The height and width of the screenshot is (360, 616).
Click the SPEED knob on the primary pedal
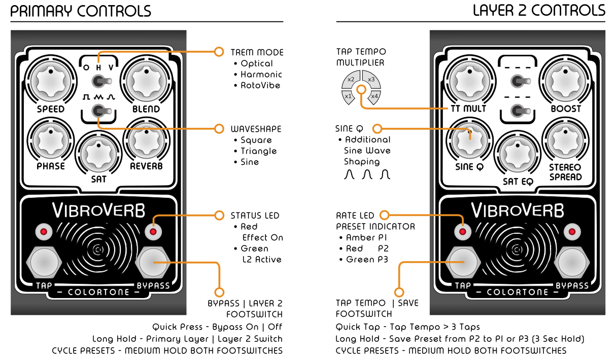click(x=50, y=81)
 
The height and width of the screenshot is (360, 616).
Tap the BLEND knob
click(x=146, y=81)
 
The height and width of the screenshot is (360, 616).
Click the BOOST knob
click(x=565, y=81)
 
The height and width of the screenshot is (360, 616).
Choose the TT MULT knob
click(x=469, y=81)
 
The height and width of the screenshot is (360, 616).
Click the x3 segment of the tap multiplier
click(x=370, y=79)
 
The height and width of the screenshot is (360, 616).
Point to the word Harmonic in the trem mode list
click(x=261, y=75)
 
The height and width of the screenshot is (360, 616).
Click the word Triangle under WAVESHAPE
click(x=259, y=151)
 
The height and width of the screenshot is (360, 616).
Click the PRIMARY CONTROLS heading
click(x=81, y=11)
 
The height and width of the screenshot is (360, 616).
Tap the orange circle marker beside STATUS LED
click(x=219, y=215)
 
